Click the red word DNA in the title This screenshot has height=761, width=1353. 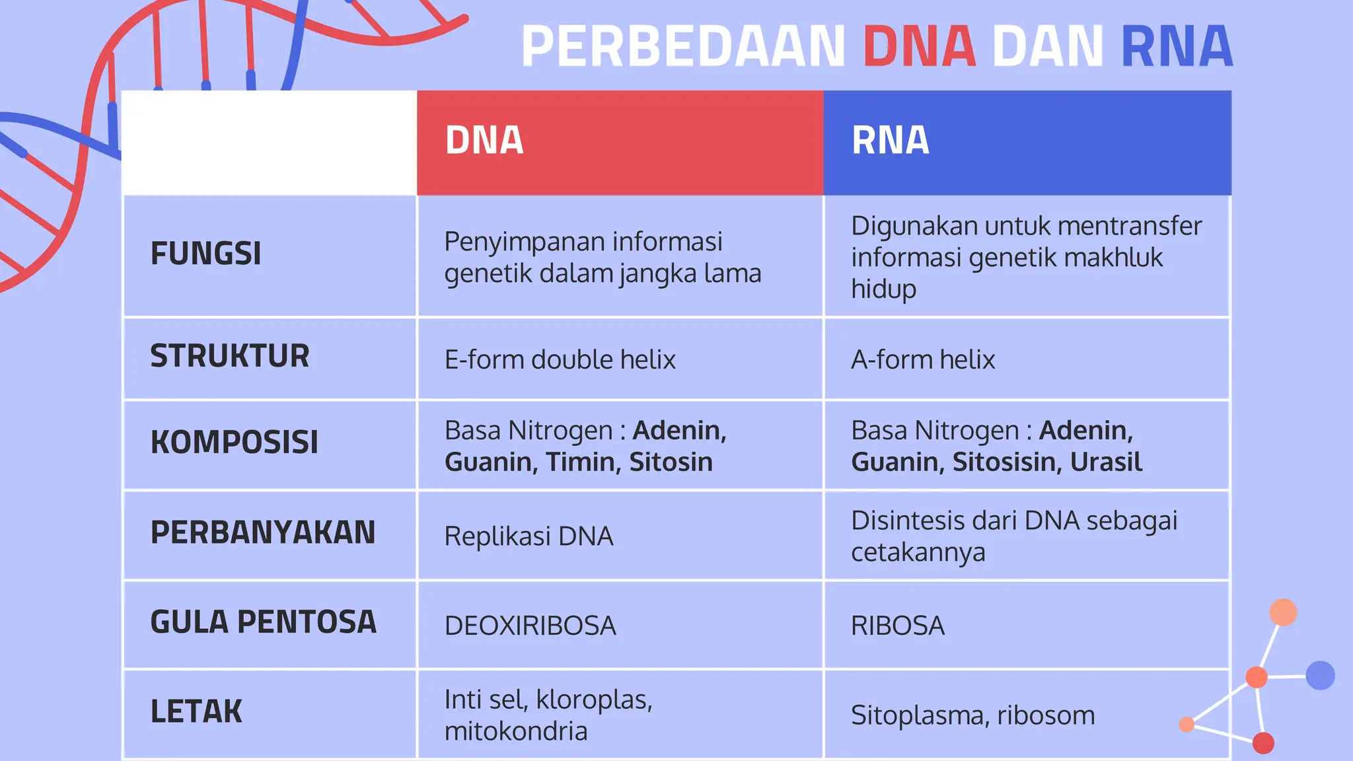[x=919, y=46]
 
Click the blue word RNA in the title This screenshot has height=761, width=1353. [x=1177, y=46]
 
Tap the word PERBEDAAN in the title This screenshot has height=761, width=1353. [x=683, y=46]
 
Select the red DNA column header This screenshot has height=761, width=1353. [x=620, y=142]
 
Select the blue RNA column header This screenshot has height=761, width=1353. [x=1027, y=142]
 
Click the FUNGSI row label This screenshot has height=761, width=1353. [x=205, y=254]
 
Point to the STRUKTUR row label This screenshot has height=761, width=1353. [x=229, y=356]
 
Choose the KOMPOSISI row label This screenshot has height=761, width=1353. [x=234, y=442]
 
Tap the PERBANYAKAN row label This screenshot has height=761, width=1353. [x=262, y=532]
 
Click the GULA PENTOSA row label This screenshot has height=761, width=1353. [x=263, y=622]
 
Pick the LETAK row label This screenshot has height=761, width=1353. [x=196, y=712]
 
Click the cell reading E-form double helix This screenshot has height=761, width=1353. [x=560, y=360]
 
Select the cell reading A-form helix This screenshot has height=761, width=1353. [x=922, y=360]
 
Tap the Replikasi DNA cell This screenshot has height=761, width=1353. [x=529, y=536]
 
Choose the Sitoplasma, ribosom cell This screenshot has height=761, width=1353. [x=972, y=715]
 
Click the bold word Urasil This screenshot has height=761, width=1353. [x=1106, y=462]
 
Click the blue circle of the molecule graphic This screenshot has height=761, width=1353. [x=1320, y=675]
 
